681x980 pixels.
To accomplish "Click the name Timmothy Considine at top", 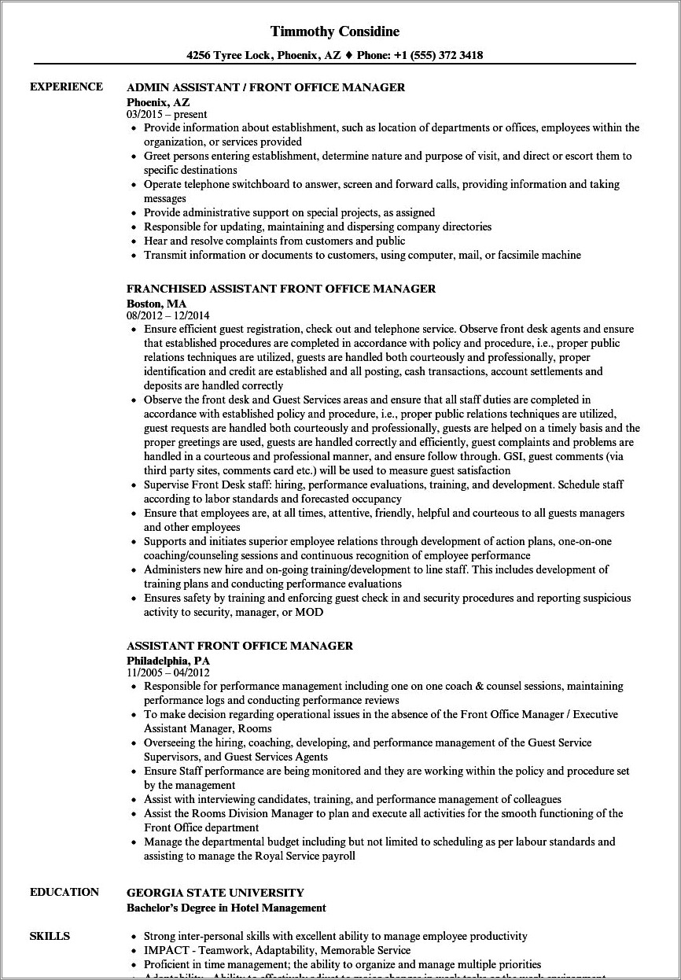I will (x=335, y=31).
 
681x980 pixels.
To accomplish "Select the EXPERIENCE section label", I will (x=66, y=87).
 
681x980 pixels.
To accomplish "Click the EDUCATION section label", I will (x=64, y=892).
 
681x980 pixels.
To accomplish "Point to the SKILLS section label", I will (x=50, y=936).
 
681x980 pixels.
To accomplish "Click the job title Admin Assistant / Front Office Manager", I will (x=265, y=87).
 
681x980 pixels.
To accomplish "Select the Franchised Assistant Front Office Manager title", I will (x=281, y=289).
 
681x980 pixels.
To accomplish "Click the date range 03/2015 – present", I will (x=167, y=114).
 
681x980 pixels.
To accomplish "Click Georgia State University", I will (x=215, y=893).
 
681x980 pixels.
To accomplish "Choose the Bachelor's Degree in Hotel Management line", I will (x=226, y=908).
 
